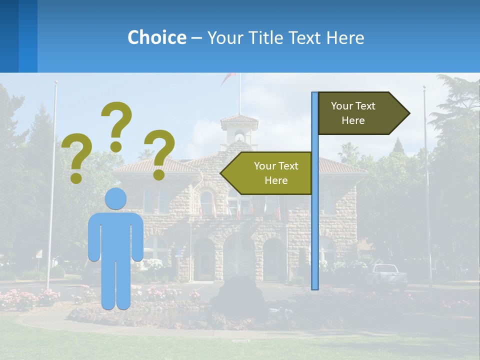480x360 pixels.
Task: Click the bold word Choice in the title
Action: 156,37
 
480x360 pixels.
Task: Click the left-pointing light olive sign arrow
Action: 267,173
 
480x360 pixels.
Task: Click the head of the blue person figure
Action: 115,198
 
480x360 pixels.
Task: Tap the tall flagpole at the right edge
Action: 426,190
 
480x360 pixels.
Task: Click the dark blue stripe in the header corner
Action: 9,36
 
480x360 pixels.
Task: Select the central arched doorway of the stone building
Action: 239,257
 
